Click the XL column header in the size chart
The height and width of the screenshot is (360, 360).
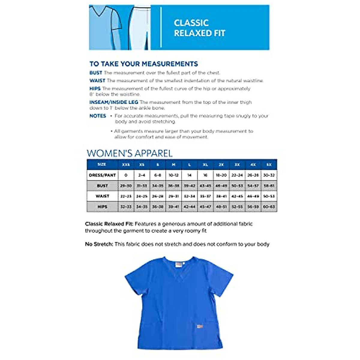(205, 165)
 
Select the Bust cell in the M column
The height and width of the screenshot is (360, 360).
(173, 186)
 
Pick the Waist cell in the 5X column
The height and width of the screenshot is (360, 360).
(269, 196)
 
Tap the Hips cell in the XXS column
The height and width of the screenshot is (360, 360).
(126, 207)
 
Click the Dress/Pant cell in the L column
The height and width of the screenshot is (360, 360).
(189, 175)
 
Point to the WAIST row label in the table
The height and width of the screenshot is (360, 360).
(102, 196)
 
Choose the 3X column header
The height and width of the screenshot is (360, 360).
(237, 165)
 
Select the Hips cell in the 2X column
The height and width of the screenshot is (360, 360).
(221, 207)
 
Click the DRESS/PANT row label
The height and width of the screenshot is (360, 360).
(102, 175)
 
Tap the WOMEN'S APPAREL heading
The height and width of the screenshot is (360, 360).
(130, 153)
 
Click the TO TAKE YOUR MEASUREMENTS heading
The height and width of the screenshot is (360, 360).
(144, 64)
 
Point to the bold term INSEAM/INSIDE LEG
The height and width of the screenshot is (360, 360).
(114, 102)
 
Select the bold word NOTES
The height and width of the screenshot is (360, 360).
(97, 116)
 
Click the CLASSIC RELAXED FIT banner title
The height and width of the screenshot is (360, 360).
(199, 28)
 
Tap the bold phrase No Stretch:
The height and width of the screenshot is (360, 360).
(99, 244)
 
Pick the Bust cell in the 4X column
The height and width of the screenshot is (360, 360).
(253, 186)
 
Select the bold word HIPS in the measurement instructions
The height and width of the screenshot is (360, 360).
(95, 88)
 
